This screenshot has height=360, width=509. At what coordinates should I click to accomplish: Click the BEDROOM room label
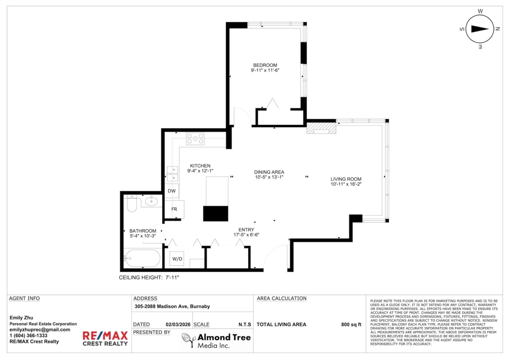(x=265, y=65)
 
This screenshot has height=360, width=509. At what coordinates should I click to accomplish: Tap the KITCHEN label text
(x=200, y=166)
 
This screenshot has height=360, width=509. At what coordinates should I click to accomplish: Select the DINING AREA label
(x=269, y=172)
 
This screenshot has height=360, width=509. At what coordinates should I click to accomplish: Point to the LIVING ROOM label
(x=346, y=179)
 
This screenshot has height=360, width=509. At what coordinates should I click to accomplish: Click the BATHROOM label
(x=143, y=231)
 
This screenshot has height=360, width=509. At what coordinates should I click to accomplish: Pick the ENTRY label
(x=246, y=230)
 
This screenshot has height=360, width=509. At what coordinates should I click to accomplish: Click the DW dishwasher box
(x=171, y=191)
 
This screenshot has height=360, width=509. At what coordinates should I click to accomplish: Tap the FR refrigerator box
(x=174, y=209)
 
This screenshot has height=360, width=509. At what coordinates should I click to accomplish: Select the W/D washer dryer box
(x=177, y=259)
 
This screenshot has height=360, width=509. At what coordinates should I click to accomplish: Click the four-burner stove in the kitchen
(x=195, y=139)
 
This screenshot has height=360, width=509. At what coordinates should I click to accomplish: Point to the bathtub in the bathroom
(x=143, y=258)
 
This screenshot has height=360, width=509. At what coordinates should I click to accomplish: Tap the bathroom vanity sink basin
(x=151, y=201)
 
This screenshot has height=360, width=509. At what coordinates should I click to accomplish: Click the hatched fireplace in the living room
(x=322, y=128)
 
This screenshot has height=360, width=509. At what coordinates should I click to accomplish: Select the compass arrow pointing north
(x=480, y=29)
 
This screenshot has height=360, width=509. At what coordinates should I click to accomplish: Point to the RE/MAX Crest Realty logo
(x=105, y=338)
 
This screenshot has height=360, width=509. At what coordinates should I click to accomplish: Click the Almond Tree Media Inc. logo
(x=216, y=340)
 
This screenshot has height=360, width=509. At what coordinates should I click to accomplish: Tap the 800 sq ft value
(x=351, y=324)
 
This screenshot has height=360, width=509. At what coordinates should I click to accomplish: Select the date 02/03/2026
(x=178, y=324)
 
